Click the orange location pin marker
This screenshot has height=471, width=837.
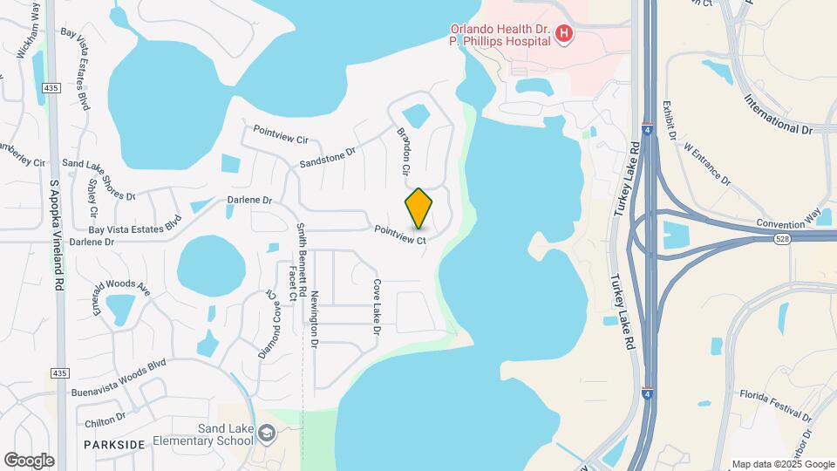point(419,208)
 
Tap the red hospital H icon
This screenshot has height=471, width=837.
point(564,34)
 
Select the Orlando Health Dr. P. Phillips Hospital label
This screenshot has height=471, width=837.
point(504,33)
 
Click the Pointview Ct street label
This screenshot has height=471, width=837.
point(400,235)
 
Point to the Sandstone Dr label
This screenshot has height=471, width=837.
point(328,157)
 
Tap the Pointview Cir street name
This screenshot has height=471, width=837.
point(281,133)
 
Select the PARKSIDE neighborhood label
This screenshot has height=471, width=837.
point(114,444)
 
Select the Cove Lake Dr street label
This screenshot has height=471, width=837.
point(377,307)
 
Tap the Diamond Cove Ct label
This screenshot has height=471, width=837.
point(272,324)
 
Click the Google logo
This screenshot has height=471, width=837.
point(29,461)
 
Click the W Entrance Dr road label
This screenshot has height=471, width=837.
point(707,165)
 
